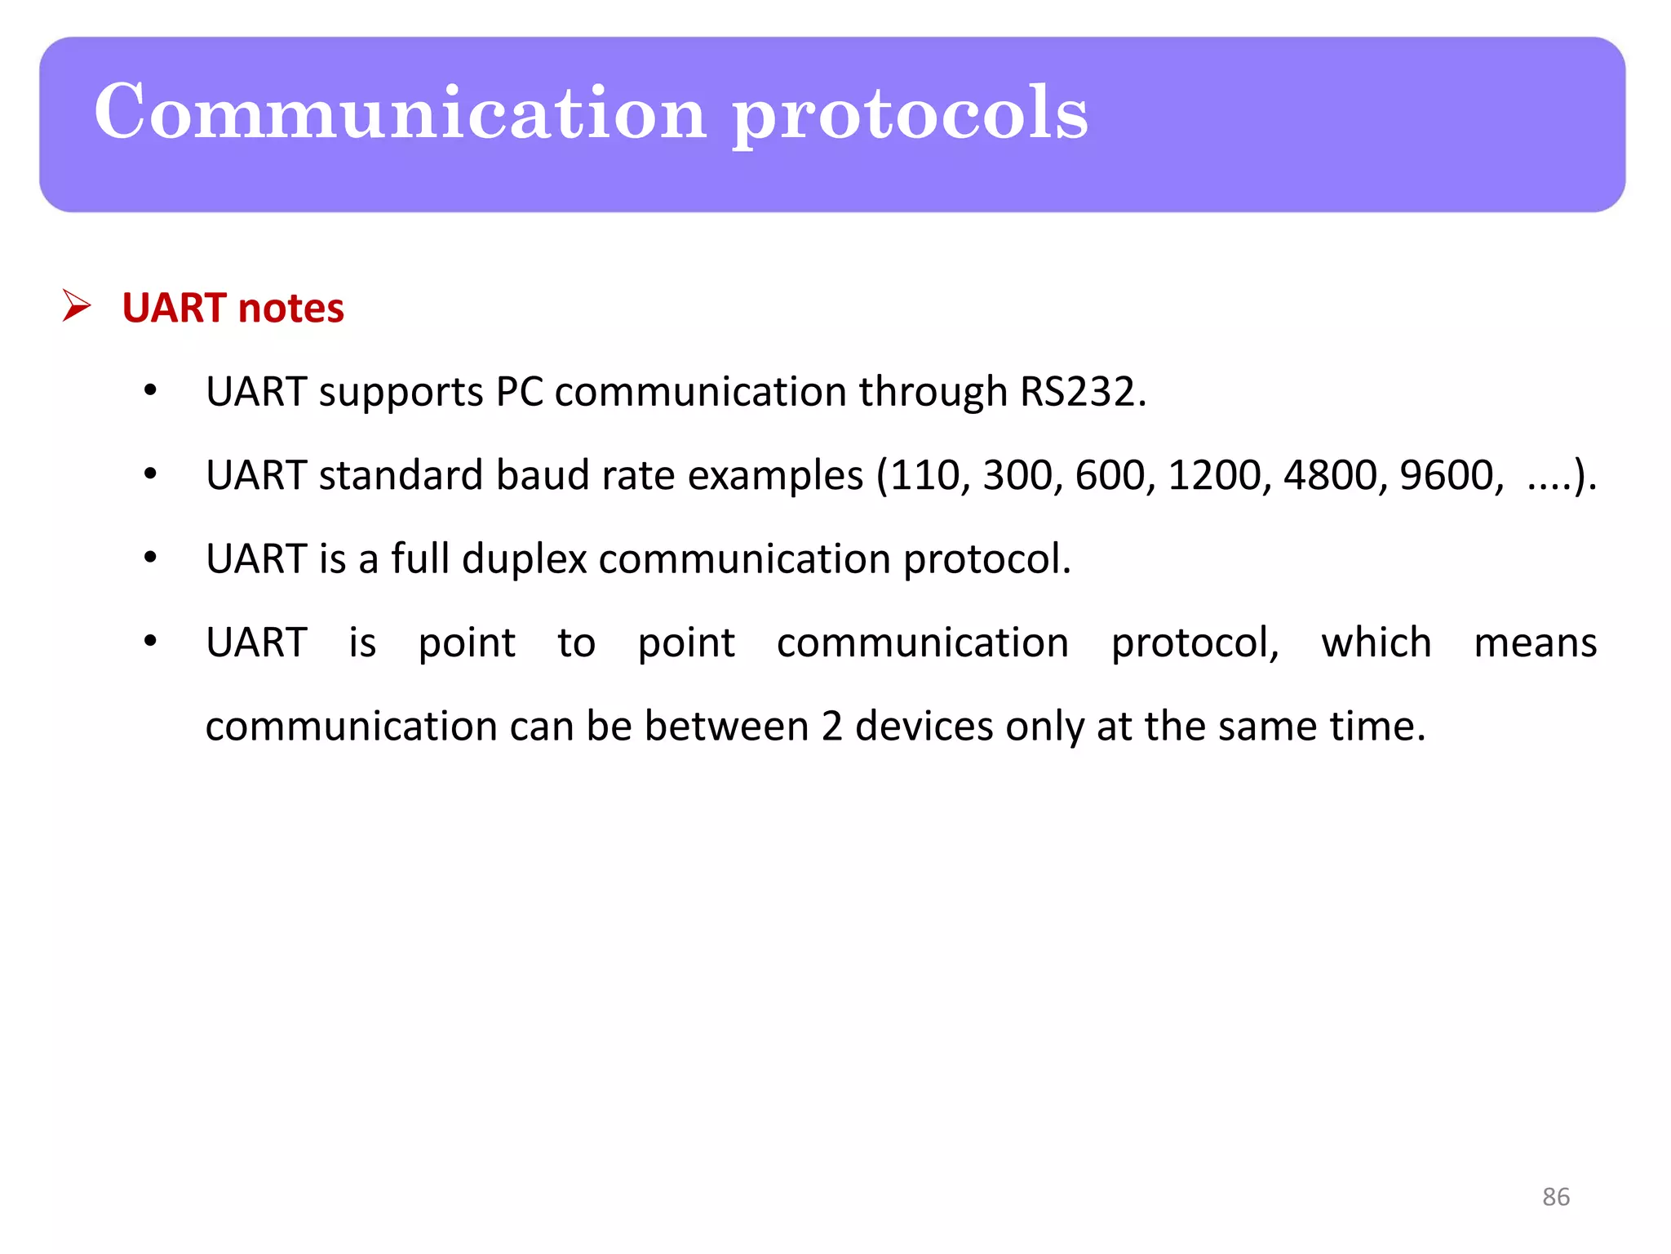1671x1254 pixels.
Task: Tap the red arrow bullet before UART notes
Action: pyautogui.click(x=77, y=306)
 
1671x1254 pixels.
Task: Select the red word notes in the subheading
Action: pyautogui.click(x=291, y=308)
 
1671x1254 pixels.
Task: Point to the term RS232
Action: pyautogui.click(x=1083, y=392)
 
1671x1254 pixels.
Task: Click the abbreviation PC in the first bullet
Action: pyautogui.click(x=520, y=392)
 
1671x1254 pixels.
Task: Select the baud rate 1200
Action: pyautogui.click(x=1214, y=475)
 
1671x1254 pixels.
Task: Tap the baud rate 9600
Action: pyautogui.click(x=1447, y=475)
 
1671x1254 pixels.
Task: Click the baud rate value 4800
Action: pyautogui.click(x=1330, y=475)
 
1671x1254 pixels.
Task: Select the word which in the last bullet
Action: pyautogui.click(x=1376, y=643)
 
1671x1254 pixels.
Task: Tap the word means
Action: pyautogui.click(x=1535, y=643)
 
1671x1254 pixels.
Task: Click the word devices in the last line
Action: pyautogui.click(x=924, y=726)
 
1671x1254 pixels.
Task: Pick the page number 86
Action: pyautogui.click(x=1555, y=1197)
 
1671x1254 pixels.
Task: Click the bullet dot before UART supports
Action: pyautogui.click(x=150, y=391)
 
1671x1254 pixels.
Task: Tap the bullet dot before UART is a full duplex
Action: pyautogui.click(x=150, y=558)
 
